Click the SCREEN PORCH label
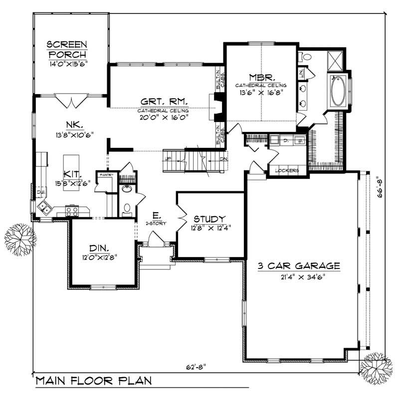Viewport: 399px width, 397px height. (x=67, y=49)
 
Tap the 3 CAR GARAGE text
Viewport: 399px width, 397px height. (x=299, y=266)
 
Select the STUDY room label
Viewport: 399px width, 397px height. (x=209, y=219)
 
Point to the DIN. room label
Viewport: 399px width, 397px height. (x=102, y=248)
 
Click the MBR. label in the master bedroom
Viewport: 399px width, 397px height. (x=260, y=78)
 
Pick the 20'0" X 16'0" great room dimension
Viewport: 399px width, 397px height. (x=163, y=118)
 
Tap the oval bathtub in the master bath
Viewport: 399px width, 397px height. (x=337, y=90)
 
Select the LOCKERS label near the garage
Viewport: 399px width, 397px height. (x=287, y=171)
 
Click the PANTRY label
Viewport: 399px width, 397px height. (x=105, y=175)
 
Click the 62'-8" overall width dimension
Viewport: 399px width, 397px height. (x=194, y=368)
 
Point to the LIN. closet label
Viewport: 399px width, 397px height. (x=302, y=73)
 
